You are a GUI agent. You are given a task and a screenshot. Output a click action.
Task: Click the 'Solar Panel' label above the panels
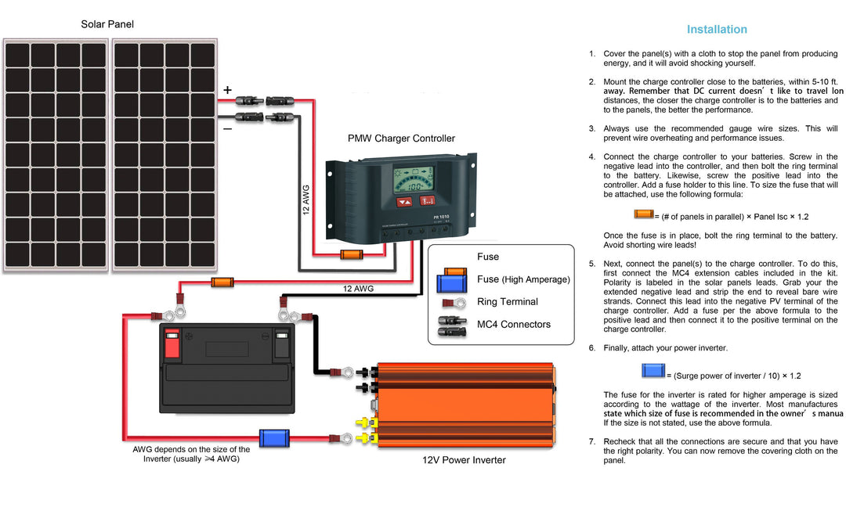[x=107, y=24]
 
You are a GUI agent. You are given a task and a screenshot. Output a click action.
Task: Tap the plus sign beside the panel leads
[x=227, y=91]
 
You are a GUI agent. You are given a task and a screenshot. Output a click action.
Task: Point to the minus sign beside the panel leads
[x=227, y=129]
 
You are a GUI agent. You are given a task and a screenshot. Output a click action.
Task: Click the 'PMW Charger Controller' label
[x=401, y=138]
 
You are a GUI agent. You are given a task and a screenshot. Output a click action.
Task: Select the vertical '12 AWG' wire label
[x=306, y=200]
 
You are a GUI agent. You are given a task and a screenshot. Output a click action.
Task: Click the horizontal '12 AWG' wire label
[x=358, y=289]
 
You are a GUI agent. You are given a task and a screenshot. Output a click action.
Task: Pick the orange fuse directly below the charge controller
[x=350, y=254]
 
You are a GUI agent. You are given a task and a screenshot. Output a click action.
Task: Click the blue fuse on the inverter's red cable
[x=274, y=438]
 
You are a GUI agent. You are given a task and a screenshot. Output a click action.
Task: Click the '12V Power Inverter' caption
[x=465, y=460]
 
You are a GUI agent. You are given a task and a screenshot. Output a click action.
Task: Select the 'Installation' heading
[x=717, y=30]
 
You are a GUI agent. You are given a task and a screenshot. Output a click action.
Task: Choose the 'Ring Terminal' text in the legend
[x=507, y=302]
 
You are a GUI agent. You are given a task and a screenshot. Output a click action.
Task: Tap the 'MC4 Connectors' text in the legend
[x=513, y=325]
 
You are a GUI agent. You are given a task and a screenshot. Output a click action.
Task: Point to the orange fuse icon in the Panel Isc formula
[x=644, y=214]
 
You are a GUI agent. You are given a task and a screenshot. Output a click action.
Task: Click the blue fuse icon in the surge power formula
[x=653, y=371]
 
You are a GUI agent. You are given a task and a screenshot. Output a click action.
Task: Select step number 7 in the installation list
[x=592, y=441]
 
